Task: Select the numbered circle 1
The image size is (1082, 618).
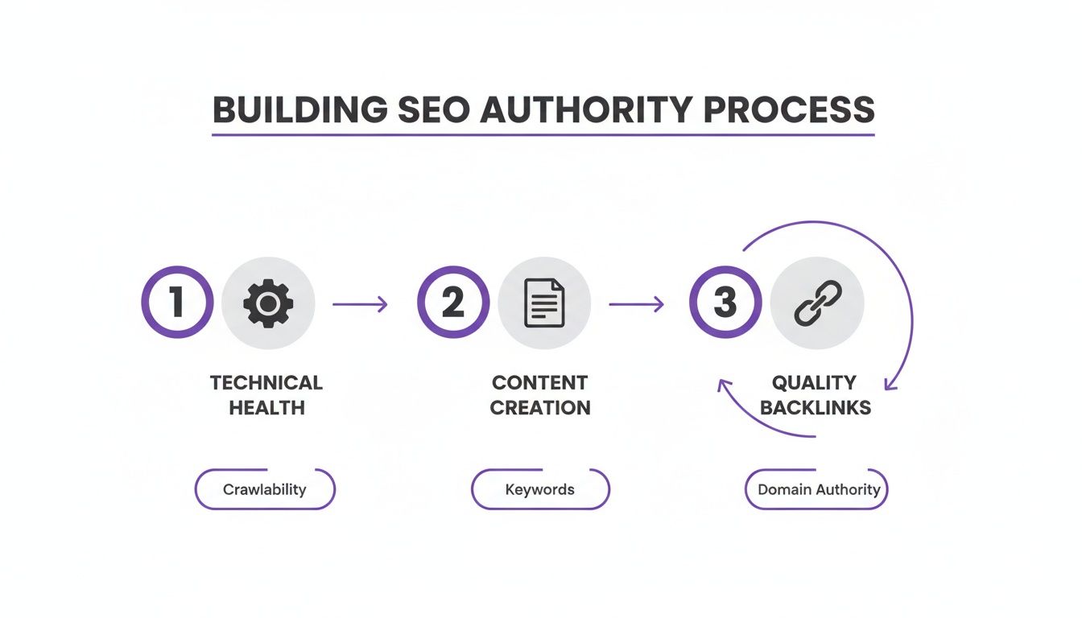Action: point(177,303)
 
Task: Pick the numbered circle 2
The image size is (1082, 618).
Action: point(452,303)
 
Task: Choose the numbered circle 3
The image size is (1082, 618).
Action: point(725,303)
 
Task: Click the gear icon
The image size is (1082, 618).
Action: point(268,303)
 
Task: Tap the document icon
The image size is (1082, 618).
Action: point(544,303)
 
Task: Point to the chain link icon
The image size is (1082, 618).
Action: point(816,303)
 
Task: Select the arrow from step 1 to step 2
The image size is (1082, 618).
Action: point(360,304)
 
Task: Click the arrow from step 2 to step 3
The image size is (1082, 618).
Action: point(636,304)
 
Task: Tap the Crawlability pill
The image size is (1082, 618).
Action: point(265,489)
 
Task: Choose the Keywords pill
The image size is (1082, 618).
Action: point(540,489)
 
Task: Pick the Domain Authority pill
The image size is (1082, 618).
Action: point(816,489)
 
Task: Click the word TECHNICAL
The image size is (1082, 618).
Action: point(266,382)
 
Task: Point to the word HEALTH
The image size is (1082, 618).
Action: point(266,407)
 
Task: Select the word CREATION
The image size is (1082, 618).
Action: point(540,407)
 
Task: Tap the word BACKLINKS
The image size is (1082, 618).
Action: point(816,407)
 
